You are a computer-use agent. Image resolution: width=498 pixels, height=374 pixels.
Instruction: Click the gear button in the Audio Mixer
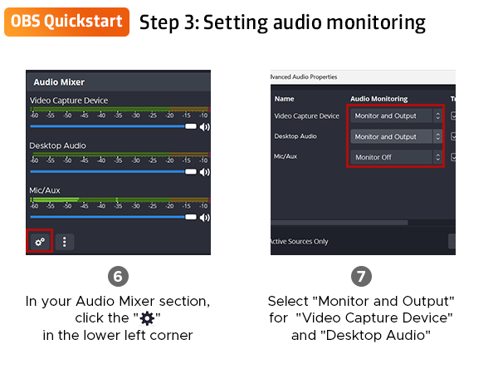pyautogui.click(x=39, y=242)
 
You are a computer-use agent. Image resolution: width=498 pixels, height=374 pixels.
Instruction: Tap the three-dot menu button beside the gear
pyautogui.click(x=65, y=242)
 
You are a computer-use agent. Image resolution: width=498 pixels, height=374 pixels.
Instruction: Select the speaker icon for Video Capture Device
pyautogui.click(x=204, y=126)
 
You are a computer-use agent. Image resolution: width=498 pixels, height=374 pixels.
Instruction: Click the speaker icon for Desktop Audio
pyautogui.click(x=204, y=171)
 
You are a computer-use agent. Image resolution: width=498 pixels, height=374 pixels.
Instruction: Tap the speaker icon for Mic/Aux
pyautogui.click(x=204, y=216)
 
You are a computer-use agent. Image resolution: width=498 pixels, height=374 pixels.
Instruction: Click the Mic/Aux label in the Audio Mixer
pyautogui.click(x=46, y=190)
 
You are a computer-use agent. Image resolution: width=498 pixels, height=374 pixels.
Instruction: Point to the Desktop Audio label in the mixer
pyautogui.click(x=57, y=145)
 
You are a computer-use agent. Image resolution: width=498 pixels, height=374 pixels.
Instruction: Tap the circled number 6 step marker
pyautogui.click(x=119, y=276)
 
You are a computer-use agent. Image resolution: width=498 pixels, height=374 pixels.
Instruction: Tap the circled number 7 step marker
pyautogui.click(x=362, y=276)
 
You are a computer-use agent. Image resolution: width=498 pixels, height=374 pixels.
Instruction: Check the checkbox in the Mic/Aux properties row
pyautogui.click(x=452, y=156)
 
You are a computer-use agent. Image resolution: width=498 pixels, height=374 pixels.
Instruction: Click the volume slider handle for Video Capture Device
pyautogui.click(x=191, y=126)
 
